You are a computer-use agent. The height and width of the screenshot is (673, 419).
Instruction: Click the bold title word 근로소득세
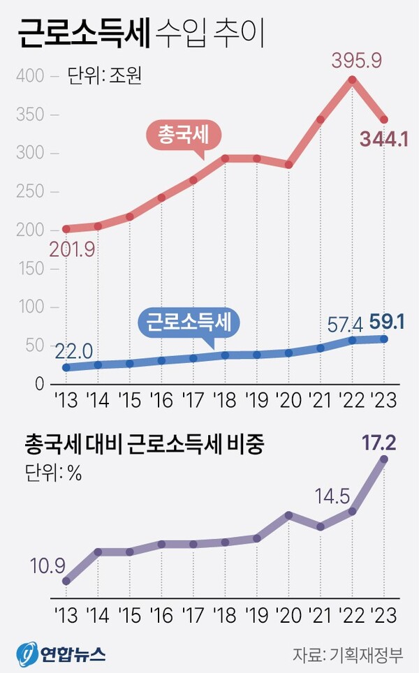click(83, 34)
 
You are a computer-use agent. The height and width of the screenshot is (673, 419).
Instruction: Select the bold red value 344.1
click(383, 139)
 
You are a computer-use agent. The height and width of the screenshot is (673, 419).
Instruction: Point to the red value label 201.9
click(71, 249)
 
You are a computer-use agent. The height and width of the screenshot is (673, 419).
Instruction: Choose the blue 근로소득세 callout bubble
click(189, 322)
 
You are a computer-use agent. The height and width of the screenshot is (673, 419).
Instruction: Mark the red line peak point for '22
click(353, 80)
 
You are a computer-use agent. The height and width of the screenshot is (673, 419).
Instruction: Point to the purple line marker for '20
click(288, 515)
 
